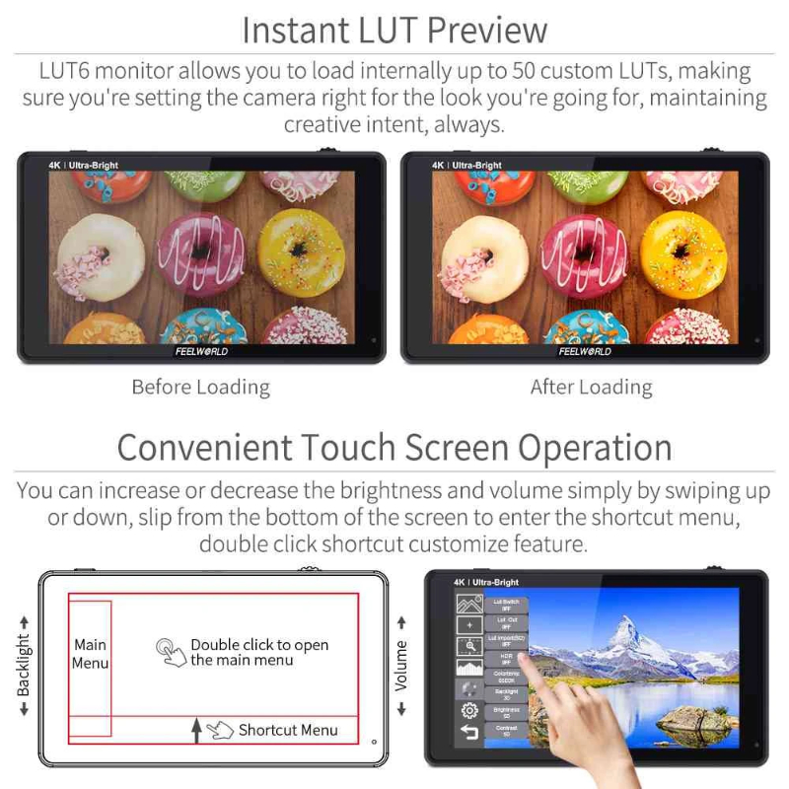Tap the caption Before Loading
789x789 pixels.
(200, 387)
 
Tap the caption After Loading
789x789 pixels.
(591, 387)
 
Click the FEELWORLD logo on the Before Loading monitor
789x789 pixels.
(201, 351)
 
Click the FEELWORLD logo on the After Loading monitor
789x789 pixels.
(585, 351)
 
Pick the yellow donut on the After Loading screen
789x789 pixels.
(684, 253)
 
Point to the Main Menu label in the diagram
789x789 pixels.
(90, 654)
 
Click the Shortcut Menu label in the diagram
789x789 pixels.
(287, 730)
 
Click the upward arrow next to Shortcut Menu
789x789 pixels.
(197, 730)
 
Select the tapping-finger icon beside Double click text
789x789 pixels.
(173, 652)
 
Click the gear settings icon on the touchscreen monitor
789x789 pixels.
(469, 710)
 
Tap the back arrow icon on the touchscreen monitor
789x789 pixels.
(469, 733)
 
